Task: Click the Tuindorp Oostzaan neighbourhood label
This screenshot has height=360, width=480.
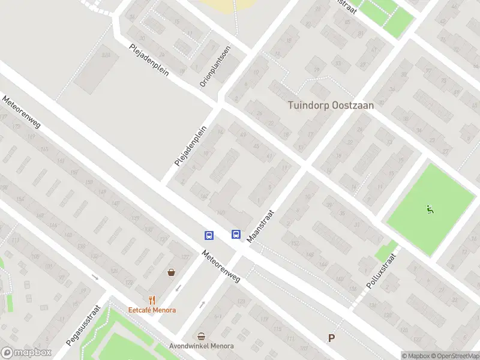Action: click(x=331, y=105)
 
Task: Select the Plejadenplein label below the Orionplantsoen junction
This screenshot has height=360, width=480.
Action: click(x=190, y=145)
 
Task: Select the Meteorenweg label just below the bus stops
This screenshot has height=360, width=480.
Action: click(x=221, y=266)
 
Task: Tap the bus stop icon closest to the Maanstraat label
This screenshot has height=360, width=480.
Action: click(x=236, y=235)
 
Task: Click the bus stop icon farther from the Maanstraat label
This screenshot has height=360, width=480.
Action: click(x=209, y=235)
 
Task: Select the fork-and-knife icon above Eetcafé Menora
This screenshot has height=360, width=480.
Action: click(x=152, y=301)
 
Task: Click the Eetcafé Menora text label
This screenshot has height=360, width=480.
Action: click(x=152, y=310)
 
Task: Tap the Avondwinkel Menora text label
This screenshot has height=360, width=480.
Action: click(x=201, y=346)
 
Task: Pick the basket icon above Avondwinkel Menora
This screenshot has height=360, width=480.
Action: click(x=201, y=337)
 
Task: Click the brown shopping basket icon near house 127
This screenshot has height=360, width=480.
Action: click(x=172, y=272)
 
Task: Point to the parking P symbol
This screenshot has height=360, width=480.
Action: click(x=331, y=338)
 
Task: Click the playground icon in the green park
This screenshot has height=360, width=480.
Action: click(x=429, y=209)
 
